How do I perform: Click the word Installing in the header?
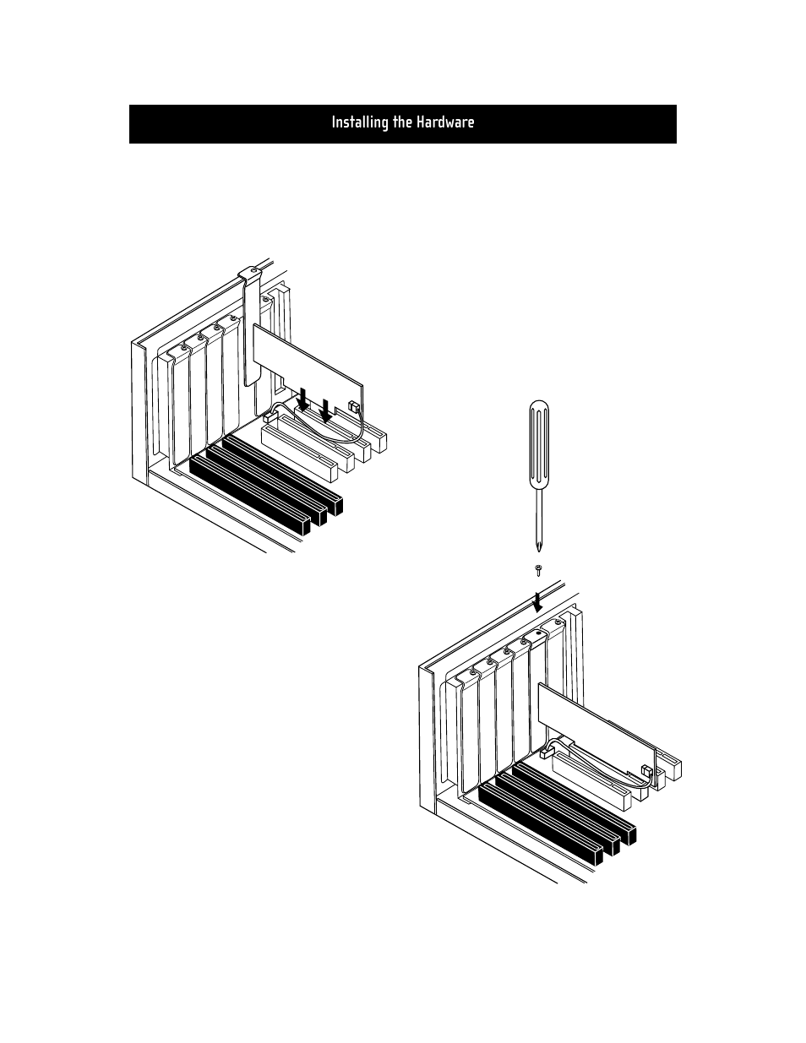(x=360, y=122)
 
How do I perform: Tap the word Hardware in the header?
(x=445, y=122)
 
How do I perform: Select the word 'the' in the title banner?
(x=402, y=122)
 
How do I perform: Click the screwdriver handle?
(x=539, y=444)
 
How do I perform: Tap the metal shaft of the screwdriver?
(x=539, y=519)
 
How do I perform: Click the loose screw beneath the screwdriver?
(x=538, y=571)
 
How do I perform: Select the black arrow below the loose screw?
(x=538, y=601)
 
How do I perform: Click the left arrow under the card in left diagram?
(x=302, y=399)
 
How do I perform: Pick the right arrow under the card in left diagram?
(x=326, y=410)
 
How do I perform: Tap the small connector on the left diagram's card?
(x=354, y=407)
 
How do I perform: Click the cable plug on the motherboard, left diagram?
(x=270, y=418)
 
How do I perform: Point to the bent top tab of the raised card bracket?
(x=250, y=274)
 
